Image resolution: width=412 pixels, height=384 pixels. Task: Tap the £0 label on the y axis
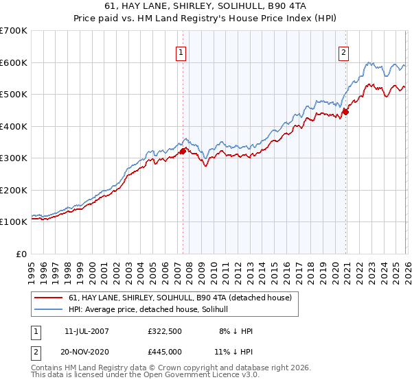click(21, 254)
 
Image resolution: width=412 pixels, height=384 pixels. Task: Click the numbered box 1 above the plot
click(181, 52)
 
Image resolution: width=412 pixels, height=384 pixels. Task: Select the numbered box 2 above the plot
click(343, 52)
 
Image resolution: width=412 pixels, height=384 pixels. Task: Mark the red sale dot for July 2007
click(183, 152)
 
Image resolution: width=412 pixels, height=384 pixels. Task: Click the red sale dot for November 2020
click(345, 112)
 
